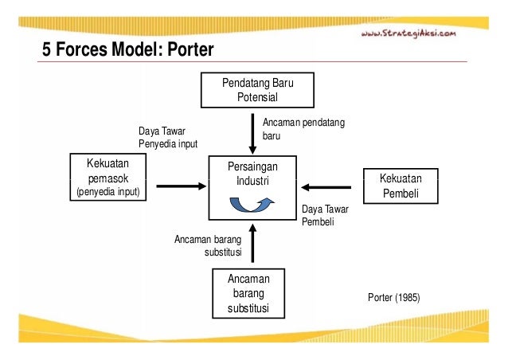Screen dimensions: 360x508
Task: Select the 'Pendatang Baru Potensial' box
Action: (x=256, y=90)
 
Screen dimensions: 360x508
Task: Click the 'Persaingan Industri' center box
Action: (x=252, y=188)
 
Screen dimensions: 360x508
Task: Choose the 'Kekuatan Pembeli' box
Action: (x=400, y=186)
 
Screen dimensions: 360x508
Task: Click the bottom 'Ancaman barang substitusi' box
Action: (x=248, y=293)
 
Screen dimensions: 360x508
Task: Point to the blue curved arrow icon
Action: (x=252, y=205)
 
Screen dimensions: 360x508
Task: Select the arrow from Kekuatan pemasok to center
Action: (x=180, y=187)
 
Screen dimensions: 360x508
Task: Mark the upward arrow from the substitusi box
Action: (x=252, y=244)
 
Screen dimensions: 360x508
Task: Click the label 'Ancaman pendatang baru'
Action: (x=295, y=130)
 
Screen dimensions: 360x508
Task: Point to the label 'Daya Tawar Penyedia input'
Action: (x=167, y=136)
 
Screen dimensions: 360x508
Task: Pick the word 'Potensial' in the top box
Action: (x=257, y=98)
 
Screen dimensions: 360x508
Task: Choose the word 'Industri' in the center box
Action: (x=252, y=182)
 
